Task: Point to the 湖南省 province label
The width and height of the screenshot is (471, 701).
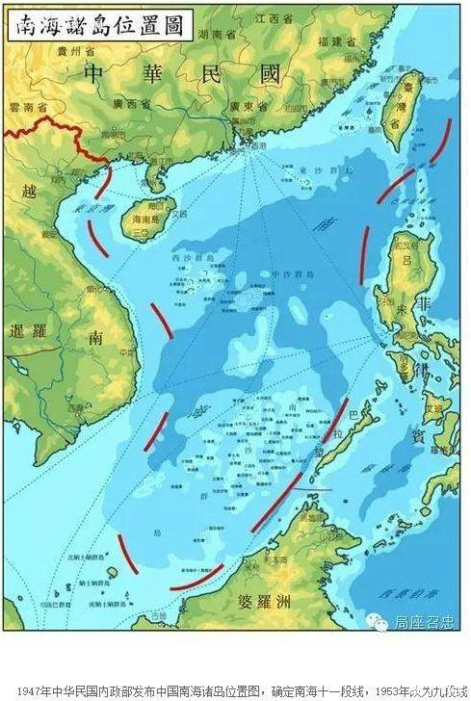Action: point(218,34)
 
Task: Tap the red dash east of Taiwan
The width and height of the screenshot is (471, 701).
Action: point(441,141)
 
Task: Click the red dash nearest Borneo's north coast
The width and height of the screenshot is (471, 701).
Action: point(197,579)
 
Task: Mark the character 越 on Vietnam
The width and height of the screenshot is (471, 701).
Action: point(29,192)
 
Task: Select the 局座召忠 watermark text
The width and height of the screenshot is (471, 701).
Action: point(423,624)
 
